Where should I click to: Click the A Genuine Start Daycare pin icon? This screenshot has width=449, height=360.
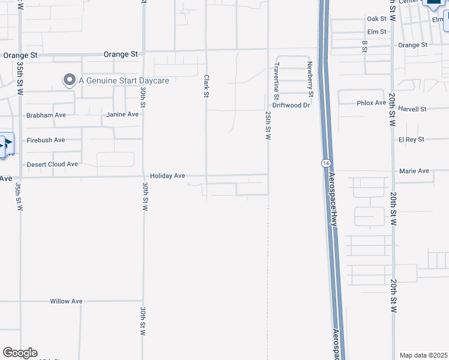tap(70, 80)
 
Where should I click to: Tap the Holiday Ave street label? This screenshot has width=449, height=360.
tap(167, 176)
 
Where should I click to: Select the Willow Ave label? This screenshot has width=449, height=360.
tap(66, 301)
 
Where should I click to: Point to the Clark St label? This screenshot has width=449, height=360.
tap(206, 86)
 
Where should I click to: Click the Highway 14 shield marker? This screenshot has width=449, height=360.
tap(325, 163)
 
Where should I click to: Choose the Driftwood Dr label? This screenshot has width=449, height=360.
tap(291, 105)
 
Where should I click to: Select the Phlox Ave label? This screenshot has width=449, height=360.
tap(372, 103)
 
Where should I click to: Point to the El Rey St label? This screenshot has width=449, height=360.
tap(411, 139)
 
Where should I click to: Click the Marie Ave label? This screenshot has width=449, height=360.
tap(414, 171)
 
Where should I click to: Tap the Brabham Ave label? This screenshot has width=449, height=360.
tap(46, 115)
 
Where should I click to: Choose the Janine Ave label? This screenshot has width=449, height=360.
tap(122, 114)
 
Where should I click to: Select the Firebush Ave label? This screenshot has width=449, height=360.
tap(46, 140)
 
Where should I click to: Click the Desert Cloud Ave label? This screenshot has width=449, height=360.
tap(52, 164)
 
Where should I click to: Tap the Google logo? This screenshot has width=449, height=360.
tap(20, 353)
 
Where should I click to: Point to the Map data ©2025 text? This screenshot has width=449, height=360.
tap(423, 355)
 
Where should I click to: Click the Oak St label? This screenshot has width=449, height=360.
tap(376, 19)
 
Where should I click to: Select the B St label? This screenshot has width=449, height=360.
tap(364, 46)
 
